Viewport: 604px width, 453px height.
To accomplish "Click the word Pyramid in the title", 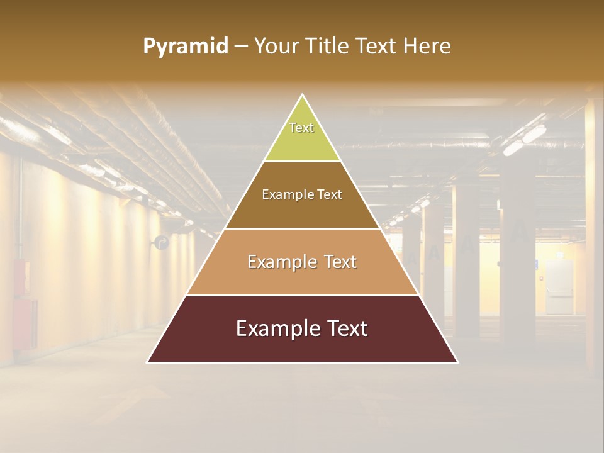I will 185,47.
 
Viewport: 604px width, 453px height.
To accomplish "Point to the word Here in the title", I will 427,46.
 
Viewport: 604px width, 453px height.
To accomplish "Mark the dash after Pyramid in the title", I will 241,47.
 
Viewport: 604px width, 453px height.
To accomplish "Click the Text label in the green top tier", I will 301,128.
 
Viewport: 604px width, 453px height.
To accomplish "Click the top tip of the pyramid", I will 303,95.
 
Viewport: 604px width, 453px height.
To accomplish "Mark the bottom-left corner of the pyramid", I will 148,362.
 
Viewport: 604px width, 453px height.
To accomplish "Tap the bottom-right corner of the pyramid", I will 457,362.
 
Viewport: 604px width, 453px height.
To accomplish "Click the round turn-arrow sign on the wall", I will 162,242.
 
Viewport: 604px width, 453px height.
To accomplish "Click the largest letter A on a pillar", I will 520,230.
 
